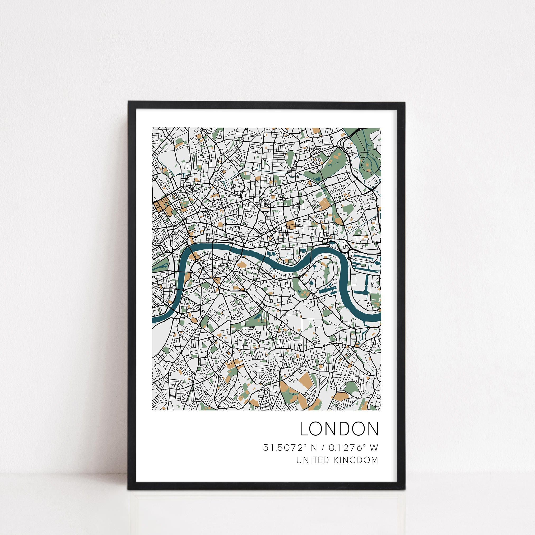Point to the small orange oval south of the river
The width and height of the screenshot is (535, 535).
click(x=194, y=320)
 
